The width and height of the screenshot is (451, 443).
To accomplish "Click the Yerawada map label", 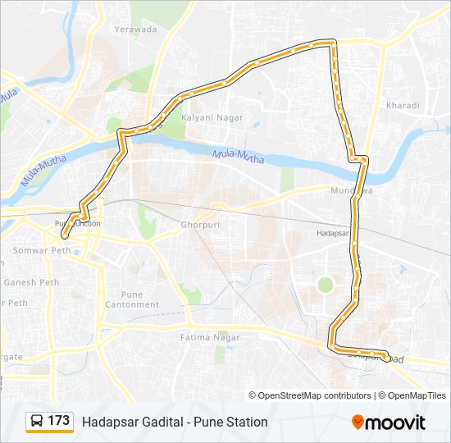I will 136,29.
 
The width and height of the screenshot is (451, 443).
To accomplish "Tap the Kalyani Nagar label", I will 212,117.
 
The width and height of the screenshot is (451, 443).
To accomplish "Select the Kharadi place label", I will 402,106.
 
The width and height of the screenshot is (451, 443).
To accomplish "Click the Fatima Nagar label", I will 211,337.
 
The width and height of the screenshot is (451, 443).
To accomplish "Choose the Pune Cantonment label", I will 131,299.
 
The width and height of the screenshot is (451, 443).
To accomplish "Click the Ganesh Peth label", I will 31,282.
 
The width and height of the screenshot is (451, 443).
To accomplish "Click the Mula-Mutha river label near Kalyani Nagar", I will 238,155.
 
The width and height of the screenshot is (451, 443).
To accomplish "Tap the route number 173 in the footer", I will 58,421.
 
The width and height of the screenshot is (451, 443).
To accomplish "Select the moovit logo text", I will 396,422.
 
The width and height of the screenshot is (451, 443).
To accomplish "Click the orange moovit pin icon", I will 358,422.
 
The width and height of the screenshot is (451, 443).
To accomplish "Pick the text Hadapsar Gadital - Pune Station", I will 175,422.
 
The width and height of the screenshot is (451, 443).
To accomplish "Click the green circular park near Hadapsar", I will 326,285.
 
